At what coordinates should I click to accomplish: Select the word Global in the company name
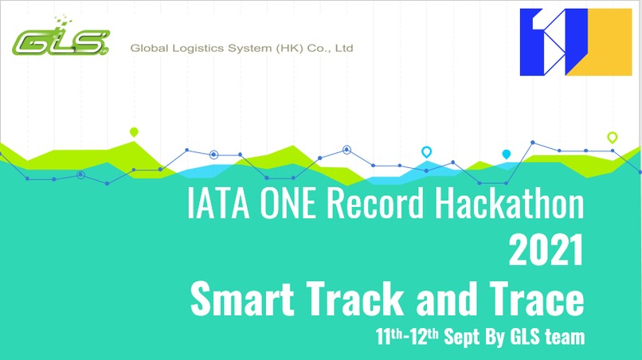pyautogui.click(x=149, y=49)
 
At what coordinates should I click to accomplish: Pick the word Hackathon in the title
pyautogui.click(x=509, y=205)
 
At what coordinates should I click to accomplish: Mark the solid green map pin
pyautogui.click(x=134, y=132)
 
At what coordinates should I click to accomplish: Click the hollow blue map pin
pyautogui.click(x=426, y=151)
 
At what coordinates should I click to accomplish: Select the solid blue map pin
pyautogui.click(x=506, y=154)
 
